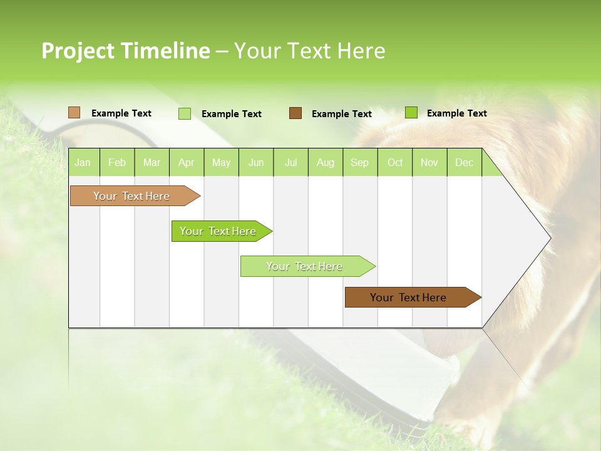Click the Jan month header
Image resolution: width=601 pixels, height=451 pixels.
click(83, 162)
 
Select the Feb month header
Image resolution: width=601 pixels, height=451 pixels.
click(117, 162)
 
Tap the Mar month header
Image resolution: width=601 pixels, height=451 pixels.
click(152, 162)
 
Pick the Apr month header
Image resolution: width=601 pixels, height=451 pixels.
click(187, 162)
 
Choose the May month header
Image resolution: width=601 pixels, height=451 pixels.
click(221, 162)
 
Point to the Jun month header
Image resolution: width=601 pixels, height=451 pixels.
click(256, 162)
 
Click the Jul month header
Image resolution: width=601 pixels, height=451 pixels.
click(290, 162)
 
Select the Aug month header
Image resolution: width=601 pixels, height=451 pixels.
click(326, 162)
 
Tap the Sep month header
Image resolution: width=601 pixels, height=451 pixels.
click(360, 162)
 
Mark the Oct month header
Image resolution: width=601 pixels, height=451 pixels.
click(395, 162)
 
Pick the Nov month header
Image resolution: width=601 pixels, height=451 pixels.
click(429, 162)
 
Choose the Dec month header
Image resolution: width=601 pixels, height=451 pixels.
click(465, 162)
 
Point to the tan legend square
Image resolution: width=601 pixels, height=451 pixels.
click(74, 113)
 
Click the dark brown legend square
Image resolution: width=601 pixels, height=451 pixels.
click(295, 113)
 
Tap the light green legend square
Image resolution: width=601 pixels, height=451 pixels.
click(185, 113)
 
